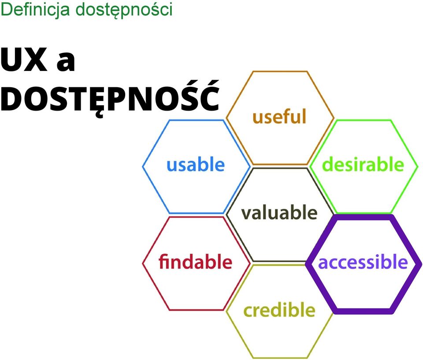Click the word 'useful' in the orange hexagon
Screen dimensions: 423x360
[x=279, y=116]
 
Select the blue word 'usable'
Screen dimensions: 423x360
[x=196, y=164]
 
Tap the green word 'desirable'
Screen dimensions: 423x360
[x=363, y=164]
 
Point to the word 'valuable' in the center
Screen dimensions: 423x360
[x=279, y=212]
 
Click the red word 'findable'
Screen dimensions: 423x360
[x=195, y=261]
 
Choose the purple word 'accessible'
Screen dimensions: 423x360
[x=363, y=262]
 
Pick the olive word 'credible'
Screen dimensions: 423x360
[x=279, y=310]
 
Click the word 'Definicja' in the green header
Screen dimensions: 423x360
[x=35, y=10]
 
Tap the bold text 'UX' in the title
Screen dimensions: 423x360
[x=23, y=59]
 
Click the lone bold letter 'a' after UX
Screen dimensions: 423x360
[x=66, y=62]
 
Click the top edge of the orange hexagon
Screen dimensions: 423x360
[x=280, y=71]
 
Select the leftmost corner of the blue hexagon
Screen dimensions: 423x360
[x=143, y=167]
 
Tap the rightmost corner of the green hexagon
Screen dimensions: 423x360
[x=418, y=167]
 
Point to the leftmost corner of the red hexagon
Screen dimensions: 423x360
[x=143, y=264]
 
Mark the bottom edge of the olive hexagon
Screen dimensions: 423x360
[x=280, y=358]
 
